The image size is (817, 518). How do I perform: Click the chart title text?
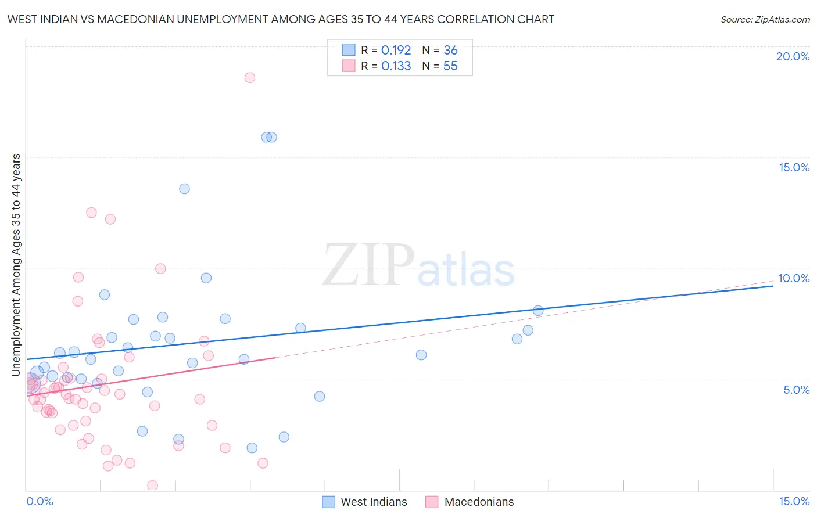tap(281, 19)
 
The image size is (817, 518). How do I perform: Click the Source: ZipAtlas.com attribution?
tap(765, 19)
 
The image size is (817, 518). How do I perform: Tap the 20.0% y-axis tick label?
tap(793, 56)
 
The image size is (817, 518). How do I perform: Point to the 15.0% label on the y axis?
tap(794, 167)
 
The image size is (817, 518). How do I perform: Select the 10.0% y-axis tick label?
tap(794, 278)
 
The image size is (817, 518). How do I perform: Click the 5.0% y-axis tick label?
tap(796, 390)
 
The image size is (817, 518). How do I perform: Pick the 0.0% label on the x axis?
tap(40, 501)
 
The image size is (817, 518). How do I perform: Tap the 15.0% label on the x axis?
tap(794, 501)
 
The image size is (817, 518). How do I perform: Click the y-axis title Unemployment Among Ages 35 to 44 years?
tap(16, 265)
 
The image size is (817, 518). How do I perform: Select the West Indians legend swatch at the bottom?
tap(328, 502)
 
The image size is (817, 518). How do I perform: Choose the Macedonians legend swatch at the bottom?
tap(432, 502)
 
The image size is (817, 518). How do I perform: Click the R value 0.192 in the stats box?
tap(396, 51)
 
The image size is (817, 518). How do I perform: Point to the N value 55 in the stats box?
tap(450, 66)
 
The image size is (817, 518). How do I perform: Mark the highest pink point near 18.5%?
tap(250, 78)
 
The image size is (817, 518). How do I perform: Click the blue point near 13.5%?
tap(184, 189)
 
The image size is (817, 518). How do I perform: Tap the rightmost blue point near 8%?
tap(538, 311)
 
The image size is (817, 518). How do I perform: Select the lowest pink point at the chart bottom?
tap(152, 485)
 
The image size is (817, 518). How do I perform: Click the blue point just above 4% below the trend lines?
tap(320, 397)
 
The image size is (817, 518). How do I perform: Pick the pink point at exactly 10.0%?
tap(160, 269)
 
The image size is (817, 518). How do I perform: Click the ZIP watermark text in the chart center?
tap(368, 266)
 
